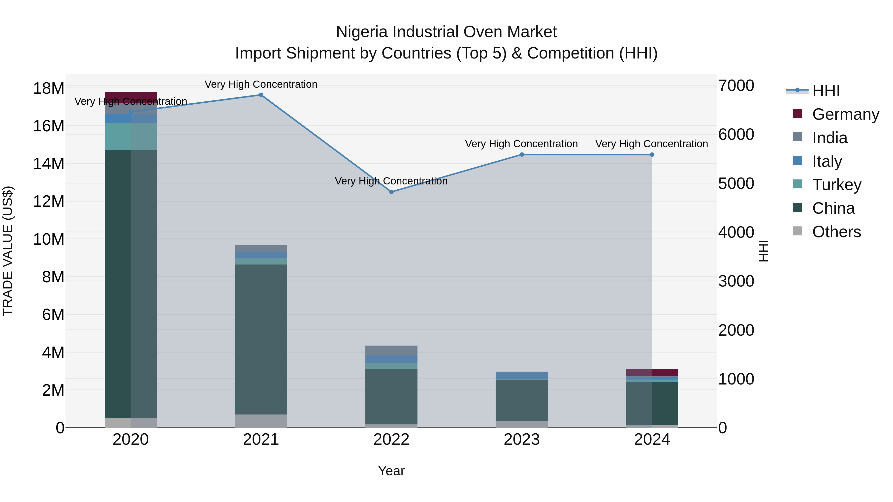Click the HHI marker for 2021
pyautogui.click(x=261, y=95)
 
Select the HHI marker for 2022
pyautogui.click(x=391, y=192)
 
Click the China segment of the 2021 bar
pyautogui.click(x=261, y=340)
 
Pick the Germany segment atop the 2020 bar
pyautogui.click(x=131, y=96)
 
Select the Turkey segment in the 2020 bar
pyautogui.click(x=131, y=137)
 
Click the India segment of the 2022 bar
pyautogui.click(x=391, y=351)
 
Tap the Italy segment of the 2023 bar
pyautogui.click(x=522, y=376)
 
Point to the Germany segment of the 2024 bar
pyautogui.click(x=652, y=373)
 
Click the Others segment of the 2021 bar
pyautogui.click(x=261, y=421)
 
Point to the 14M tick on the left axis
pyautogui.click(x=49, y=164)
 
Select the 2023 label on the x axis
pyautogui.click(x=522, y=440)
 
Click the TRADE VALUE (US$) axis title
pyautogui.click(x=8, y=251)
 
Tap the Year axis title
pyautogui.click(x=391, y=471)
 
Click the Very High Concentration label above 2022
pyautogui.click(x=391, y=181)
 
